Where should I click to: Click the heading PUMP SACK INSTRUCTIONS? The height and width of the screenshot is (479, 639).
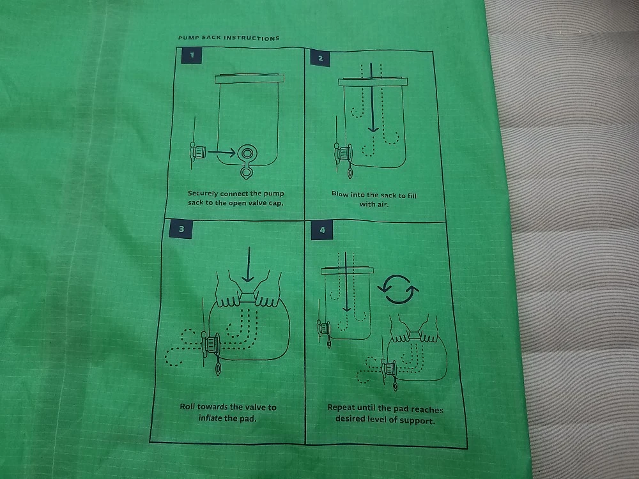[228, 38]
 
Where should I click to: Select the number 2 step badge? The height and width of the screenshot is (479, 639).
[319, 58]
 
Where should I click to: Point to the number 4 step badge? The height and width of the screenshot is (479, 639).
[321, 231]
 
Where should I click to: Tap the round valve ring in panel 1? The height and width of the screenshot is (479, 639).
[247, 153]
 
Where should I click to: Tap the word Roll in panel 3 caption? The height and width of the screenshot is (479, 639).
[188, 407]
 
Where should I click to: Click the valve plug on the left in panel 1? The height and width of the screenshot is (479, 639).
[197, 152]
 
